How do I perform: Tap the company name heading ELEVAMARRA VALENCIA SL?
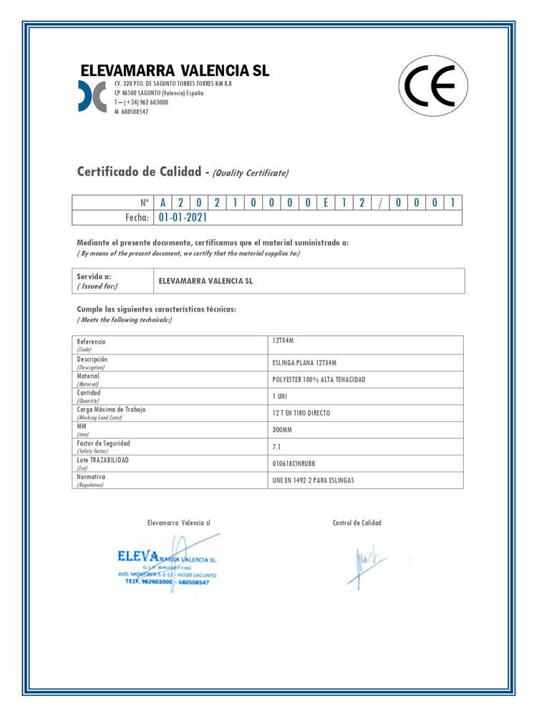coord(175,71)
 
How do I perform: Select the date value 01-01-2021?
coord(182,218)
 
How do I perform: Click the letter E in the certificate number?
coord(325,203)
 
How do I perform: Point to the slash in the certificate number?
coord(380,203)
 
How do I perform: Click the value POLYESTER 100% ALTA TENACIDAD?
coord(319,379)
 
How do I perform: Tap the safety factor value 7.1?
coord(277,447)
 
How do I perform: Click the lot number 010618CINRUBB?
coord(294,463)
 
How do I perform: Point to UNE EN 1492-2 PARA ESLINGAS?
coord(314,480)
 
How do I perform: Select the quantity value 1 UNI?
coord(280,396)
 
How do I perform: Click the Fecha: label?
coord(132,218)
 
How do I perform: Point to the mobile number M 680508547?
coord(132,112)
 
